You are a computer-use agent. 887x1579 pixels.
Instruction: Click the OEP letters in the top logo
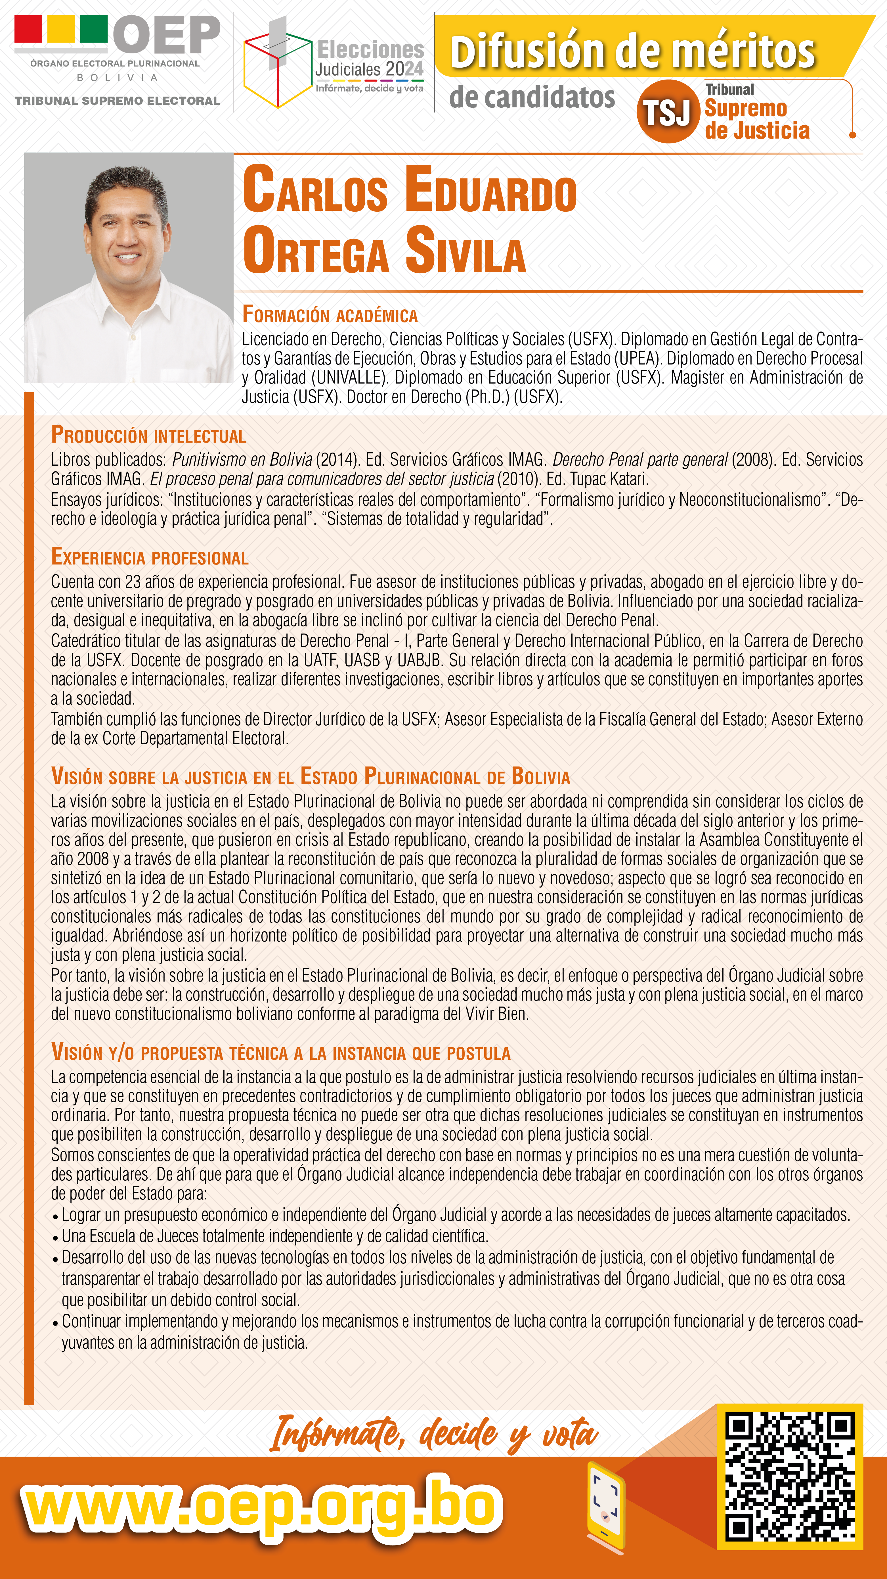coord(167,35)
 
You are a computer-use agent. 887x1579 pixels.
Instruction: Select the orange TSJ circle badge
coord(668,112)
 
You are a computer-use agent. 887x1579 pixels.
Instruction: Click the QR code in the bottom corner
coord(790,1476)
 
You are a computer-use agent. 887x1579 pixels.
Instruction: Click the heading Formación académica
coord(330,315)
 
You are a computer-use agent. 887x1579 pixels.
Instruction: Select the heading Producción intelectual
coord(148,435)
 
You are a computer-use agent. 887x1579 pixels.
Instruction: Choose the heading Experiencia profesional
coord(150,557)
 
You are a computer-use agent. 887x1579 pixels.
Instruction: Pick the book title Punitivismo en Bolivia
coord(242,459)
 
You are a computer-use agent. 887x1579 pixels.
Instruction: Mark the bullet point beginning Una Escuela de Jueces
coord(274,1236)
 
